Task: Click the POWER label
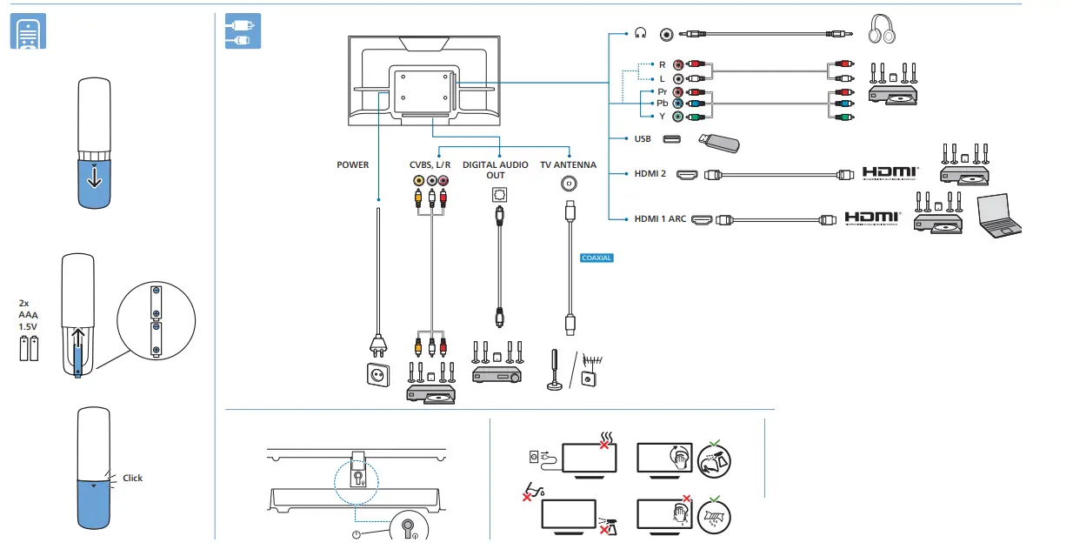click(x=352, y=164)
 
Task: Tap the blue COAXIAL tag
click(x=596, y=258)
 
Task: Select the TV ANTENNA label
click(x=568, y=164)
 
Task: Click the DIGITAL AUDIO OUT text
click(x=496, y=170)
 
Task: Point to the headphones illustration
click(x=883, y=31)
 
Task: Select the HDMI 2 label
click(x=650, y=174)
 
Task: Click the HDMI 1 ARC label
click(x=660, y=219)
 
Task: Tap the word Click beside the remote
click(x=132, y=478)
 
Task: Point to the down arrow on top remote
click(x=94, y=177)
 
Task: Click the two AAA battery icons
click(x=30, y=349)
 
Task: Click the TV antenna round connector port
click(x=569, y=184)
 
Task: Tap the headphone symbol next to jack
click(x=641, y=33)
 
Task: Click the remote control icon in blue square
click(x=27, y=32)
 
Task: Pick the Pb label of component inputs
click(x=662, y=103)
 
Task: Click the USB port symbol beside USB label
click(x=671, y=139)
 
